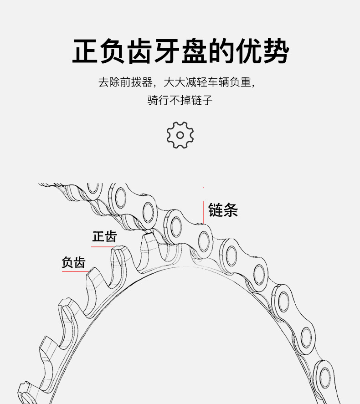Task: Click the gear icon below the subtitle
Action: pyautogui.click(x=180, y=135)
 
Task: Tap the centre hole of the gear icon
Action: pyautogui.click(x=180, y=135)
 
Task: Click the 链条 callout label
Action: pyautogui.click(x=223, y=210)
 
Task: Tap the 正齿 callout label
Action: pyautogui.click(x=104, y=237)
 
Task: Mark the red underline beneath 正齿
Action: pyautogui.click(x=103, y=247)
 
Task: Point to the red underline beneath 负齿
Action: pyautogui.click(x=74, y=272)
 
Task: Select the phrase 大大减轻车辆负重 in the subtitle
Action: pyautogui.click(x=208, y=83)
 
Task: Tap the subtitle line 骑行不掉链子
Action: pyautogui.click(x=180, y=100)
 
